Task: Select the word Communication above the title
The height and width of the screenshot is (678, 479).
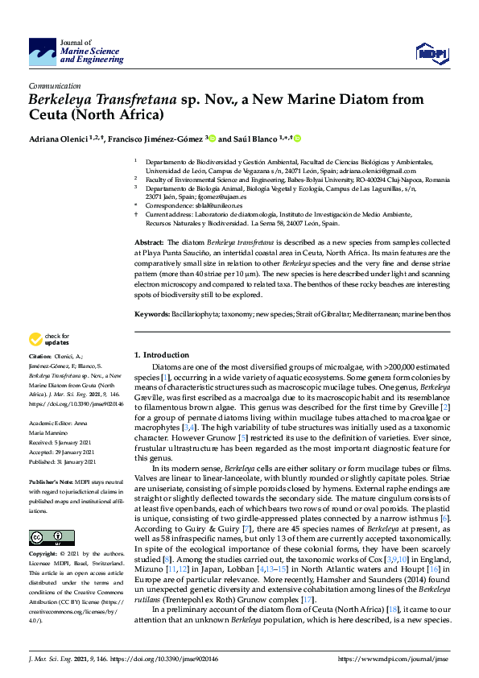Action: (x=55, y=85)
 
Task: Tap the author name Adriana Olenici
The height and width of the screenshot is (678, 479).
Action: (x=57, y=138)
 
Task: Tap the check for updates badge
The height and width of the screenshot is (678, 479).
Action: (x=47, y=339)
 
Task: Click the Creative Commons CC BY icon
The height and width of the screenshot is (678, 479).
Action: (x=46, y=536)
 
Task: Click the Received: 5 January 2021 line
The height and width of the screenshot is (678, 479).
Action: (x=61, y=441)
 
